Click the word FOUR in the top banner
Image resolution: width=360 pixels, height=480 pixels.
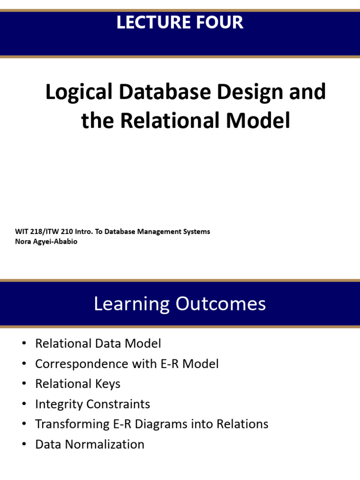[x=220, y=22]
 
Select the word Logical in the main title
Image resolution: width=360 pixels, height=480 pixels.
[x=79, y=92]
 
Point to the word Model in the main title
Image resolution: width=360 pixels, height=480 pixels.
[x=258, y=120]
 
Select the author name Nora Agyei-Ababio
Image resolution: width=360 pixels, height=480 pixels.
[x=46, y=241]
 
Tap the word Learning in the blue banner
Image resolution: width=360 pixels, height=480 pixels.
[x=132, y=304]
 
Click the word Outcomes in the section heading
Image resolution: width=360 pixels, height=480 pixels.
[x=221, y=304]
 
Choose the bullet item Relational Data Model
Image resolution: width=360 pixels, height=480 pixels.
[x=98, y=344]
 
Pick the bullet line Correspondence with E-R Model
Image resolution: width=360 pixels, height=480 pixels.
[x=127, y=364]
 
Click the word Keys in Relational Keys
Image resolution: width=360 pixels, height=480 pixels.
[x=108, y=384]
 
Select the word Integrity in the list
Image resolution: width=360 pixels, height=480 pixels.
[x=59, y=404]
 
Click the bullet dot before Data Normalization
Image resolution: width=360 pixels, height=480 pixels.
[x=24, y=444]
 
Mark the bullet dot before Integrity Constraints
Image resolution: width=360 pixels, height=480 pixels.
[x=24, y=404]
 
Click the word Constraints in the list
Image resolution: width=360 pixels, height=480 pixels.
[x=118, y=404]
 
